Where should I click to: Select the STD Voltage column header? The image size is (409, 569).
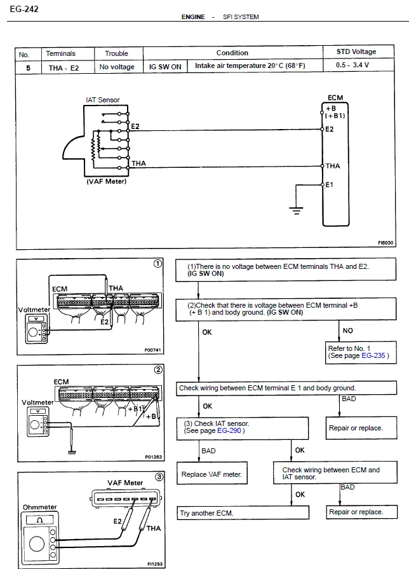pyautogui.click(x=356, y=51)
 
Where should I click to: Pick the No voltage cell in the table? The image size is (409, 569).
pyautogui.click(x=117, y=66)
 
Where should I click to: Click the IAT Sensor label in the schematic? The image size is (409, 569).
pyautogui.click(x=102, y=100)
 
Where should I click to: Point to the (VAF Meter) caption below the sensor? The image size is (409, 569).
pyautogui.click(x=106, y=181)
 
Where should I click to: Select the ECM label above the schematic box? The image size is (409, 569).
pyautogui.click(x=335, y=98)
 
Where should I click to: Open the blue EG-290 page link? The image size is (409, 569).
pyautogui.click(x=230, y=430)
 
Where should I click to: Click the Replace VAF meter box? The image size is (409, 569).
pyautogui.click(x=211, y=474)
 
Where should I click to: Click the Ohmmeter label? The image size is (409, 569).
pyautogui.click(x=40, y=507)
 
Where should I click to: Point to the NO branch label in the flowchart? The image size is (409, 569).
pyautogui.click(x=347, y=331)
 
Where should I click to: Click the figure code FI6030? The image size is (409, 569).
pyautogui.click(x=386, y=243)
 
